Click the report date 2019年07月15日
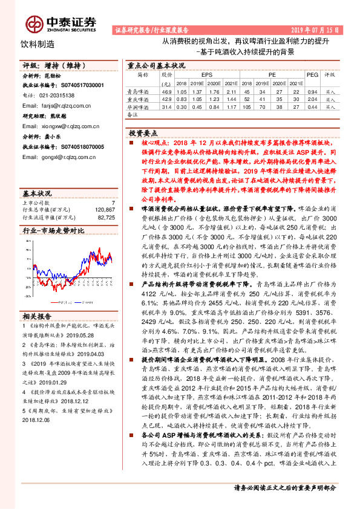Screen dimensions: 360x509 (x=318, y=30)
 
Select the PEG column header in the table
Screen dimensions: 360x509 (x=312, y=74)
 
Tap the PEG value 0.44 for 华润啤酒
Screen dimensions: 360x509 (x=312, y=106)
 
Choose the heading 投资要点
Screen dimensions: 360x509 (x=143, y=132)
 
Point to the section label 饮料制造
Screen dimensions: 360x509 (x=38, y=44)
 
